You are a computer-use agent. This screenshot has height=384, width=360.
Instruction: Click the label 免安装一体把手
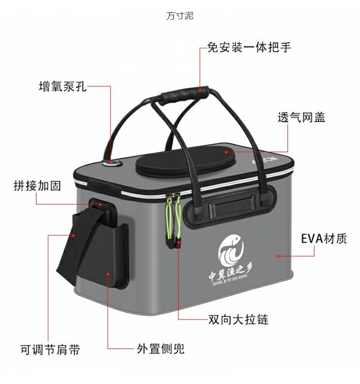249,47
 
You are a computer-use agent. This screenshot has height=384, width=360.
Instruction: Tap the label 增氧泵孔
62,86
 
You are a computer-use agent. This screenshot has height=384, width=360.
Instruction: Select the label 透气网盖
301,117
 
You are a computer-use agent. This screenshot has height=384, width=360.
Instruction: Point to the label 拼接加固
37,186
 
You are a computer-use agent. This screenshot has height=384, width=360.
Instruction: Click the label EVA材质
324,239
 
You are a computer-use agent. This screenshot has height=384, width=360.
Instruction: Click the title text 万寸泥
180,16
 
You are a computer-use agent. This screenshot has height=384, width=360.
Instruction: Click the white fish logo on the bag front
231,250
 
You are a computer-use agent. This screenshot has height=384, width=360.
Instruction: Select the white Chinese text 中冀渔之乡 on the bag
232,275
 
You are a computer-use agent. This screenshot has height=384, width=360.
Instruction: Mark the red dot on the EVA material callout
278,256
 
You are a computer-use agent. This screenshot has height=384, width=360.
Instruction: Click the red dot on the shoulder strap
73,235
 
